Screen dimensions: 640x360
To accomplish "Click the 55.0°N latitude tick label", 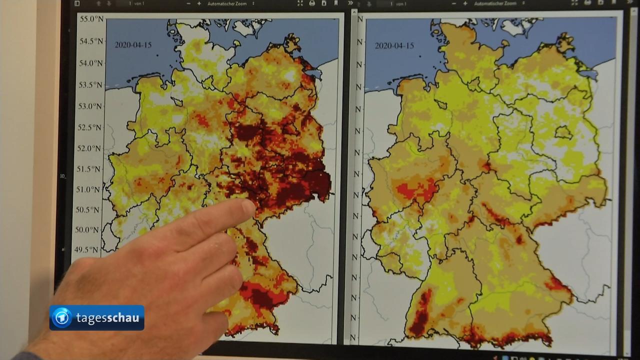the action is [x=90, y=19].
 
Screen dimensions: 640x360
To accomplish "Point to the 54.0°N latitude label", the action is [x=90, y=63].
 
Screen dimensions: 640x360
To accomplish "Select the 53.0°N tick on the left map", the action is [x=90, y=106].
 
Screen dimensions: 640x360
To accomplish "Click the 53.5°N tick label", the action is [x=90, y=84].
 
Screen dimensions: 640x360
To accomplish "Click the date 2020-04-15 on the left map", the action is [x=133, y=45].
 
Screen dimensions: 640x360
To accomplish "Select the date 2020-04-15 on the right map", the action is [x=394, y=45].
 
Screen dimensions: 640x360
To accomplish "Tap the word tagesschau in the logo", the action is [x=107, y=318].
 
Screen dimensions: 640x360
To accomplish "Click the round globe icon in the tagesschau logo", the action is [x=62, y=318].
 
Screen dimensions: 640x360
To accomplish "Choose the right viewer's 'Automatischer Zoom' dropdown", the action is [x=495, y=3].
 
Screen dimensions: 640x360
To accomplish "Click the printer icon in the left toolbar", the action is [x=312, y=3].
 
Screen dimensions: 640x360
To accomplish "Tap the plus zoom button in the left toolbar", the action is [x=199, y=3].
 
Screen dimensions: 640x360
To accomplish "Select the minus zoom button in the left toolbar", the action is [x=188, y=3].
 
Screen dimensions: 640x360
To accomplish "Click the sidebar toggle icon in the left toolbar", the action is [x=77, y=3].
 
